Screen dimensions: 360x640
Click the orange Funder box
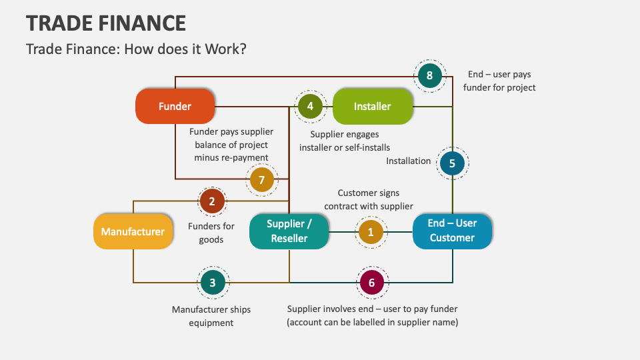[x=175, y=106]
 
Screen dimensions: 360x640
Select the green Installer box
[x=372, y=106]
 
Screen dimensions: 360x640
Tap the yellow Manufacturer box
[x=133, y=231]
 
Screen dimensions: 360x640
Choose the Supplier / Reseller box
[x=289, y=231]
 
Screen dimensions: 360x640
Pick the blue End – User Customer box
[x=452, y=231]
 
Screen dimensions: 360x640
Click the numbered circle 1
[x=371, y=232]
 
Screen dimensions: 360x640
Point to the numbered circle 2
[x=212, y=201]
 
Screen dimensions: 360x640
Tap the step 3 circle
[x=213, y=283]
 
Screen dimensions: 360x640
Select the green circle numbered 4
[x=310, y=106]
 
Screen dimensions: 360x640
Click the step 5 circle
[x=452, y=163]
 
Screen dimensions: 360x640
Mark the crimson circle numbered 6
[x=371, y=283]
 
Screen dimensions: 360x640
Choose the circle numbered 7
[x=262, y=179]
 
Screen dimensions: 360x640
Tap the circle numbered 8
[x=429, y=75]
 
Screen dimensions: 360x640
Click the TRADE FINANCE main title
[x=106, y=23]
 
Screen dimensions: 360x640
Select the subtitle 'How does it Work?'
[x=137, y=49]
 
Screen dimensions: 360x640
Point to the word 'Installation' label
[x=408, y=161]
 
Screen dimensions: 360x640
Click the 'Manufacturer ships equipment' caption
[x=211, y=316]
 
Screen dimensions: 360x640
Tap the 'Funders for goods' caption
[x=211, y=233]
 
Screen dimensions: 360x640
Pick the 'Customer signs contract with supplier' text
[x=369, y=199]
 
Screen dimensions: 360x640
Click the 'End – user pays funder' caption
[x=499, y=81]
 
